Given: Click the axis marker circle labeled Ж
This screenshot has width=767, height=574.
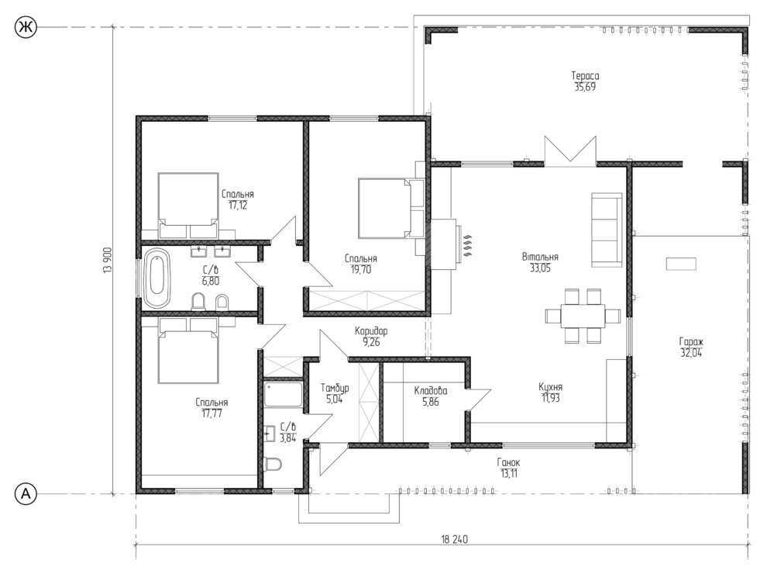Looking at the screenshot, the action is point(26,27).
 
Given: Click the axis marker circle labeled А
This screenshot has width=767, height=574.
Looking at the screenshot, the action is point(26,493).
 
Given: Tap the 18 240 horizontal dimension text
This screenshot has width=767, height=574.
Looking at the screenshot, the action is point(455,539).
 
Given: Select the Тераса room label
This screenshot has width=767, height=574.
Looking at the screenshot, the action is point(585,75).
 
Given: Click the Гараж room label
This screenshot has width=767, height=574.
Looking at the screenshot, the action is point(691,341).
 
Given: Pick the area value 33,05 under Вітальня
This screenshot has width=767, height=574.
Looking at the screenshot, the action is point(540,268).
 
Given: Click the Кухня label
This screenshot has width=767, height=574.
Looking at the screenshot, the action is point(550,387).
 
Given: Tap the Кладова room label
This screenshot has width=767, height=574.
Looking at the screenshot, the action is point(431,390).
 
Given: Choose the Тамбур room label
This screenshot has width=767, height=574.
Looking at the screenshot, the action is point(335,388).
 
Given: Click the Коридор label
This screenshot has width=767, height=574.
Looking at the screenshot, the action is point(371,331).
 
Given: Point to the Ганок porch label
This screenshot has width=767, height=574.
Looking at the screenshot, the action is point(509,462).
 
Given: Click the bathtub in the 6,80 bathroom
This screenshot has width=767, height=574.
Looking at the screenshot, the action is point(157,278).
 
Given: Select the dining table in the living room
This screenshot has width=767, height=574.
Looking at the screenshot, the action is point(583,316).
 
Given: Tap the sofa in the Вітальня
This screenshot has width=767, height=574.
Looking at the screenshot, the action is point(607,230).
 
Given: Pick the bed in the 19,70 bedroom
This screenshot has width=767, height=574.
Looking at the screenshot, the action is point(383,208).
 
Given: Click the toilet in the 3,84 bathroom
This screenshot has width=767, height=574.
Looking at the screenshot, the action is point(272,463).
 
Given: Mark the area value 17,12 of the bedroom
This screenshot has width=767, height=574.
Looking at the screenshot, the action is point(238,206).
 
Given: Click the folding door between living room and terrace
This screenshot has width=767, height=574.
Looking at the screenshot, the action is point(570,150).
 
